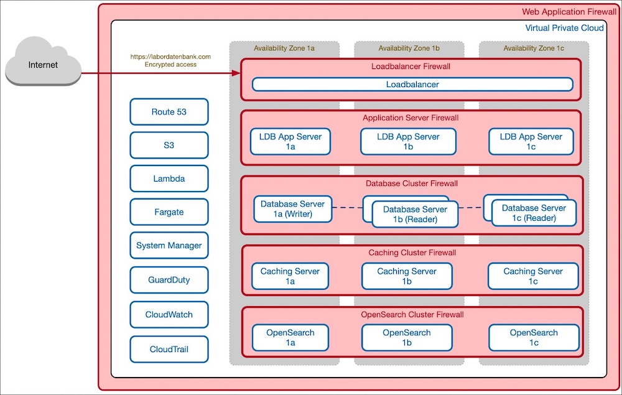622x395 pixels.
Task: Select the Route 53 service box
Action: pos(169,112)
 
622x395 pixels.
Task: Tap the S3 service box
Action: pos(169,145)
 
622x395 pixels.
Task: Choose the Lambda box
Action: pos(169,179)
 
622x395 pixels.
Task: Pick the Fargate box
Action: pos(169,212)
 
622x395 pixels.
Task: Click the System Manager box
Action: pos(169,246)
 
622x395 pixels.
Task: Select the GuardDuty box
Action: pos(169,280)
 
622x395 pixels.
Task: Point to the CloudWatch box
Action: pos(169,315)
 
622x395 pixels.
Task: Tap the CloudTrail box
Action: pos(169,349)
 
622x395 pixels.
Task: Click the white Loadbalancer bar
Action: pos(412,85)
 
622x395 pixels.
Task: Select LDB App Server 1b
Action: pos(408,142)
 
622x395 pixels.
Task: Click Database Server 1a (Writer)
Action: pos(292,209)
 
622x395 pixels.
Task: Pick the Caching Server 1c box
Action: pos(532,276)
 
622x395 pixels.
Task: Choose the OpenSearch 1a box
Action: pos(290,338)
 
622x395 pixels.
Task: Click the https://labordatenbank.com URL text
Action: pos(170,57)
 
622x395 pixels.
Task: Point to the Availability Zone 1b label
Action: pos(409,48)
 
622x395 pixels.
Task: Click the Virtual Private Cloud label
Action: pos(564,28)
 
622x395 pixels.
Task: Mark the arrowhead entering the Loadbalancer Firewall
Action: pos(236,73)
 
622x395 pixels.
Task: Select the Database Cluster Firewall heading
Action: pos(411,184)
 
